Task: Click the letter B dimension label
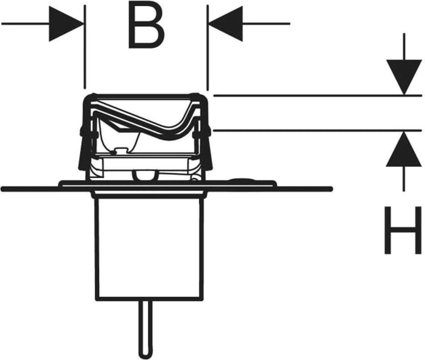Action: click(146, 26)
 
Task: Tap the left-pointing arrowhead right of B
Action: click(226, 24)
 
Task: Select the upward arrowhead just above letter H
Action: click(404, 150)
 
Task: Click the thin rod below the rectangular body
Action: click(144, 328)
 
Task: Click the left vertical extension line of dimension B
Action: click(85, 50)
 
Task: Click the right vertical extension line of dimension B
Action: click(208, 50)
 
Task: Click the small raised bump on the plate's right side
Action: click(241, 180)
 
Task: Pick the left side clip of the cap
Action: click(83, 149)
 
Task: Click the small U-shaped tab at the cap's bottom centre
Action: click(145, 176)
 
